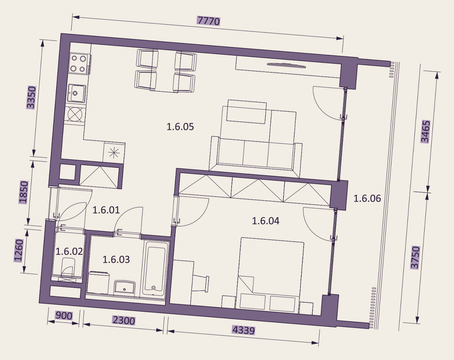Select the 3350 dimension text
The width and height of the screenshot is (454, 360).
point(31,97)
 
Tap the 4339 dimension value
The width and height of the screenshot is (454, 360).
point(244,330)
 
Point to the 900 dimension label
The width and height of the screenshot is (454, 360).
point(64,316)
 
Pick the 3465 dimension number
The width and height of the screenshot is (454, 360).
point(425,132)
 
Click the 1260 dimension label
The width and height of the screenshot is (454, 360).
point(18,251)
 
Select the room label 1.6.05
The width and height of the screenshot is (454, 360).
point(180,127)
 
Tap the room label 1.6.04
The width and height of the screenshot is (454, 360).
point(266,221)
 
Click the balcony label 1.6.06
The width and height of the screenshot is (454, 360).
point(367,198)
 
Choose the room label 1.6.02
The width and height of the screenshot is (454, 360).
point(69,251)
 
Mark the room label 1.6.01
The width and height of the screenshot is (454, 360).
point(106,210)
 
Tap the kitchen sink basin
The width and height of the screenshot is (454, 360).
point(77,93)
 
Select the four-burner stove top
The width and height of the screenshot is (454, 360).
point(79,63)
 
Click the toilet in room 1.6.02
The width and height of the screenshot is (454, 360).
point(68,268)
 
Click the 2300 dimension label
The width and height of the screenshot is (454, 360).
point(124,320)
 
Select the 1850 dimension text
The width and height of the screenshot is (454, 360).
point(23,192)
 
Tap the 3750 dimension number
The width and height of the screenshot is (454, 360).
point(415,257)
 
